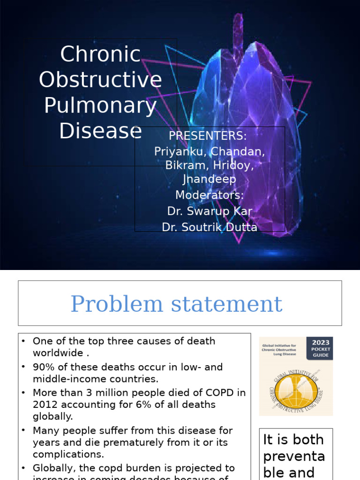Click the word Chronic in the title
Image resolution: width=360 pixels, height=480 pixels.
point(100,54)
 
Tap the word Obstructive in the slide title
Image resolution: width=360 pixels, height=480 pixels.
point(100,80)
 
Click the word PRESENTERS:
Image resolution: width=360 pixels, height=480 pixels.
point(208,136)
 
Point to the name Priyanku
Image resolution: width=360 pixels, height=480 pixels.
point(180,151)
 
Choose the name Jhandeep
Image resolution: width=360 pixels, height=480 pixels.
point(209,179)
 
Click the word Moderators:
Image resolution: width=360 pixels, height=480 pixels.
point(210,195)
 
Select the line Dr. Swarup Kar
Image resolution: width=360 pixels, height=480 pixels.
point(210,211)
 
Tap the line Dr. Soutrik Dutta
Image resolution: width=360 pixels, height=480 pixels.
point(210,227)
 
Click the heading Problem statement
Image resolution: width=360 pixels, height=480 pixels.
point(176,304)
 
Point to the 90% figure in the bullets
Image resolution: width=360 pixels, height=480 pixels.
point(43,367)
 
